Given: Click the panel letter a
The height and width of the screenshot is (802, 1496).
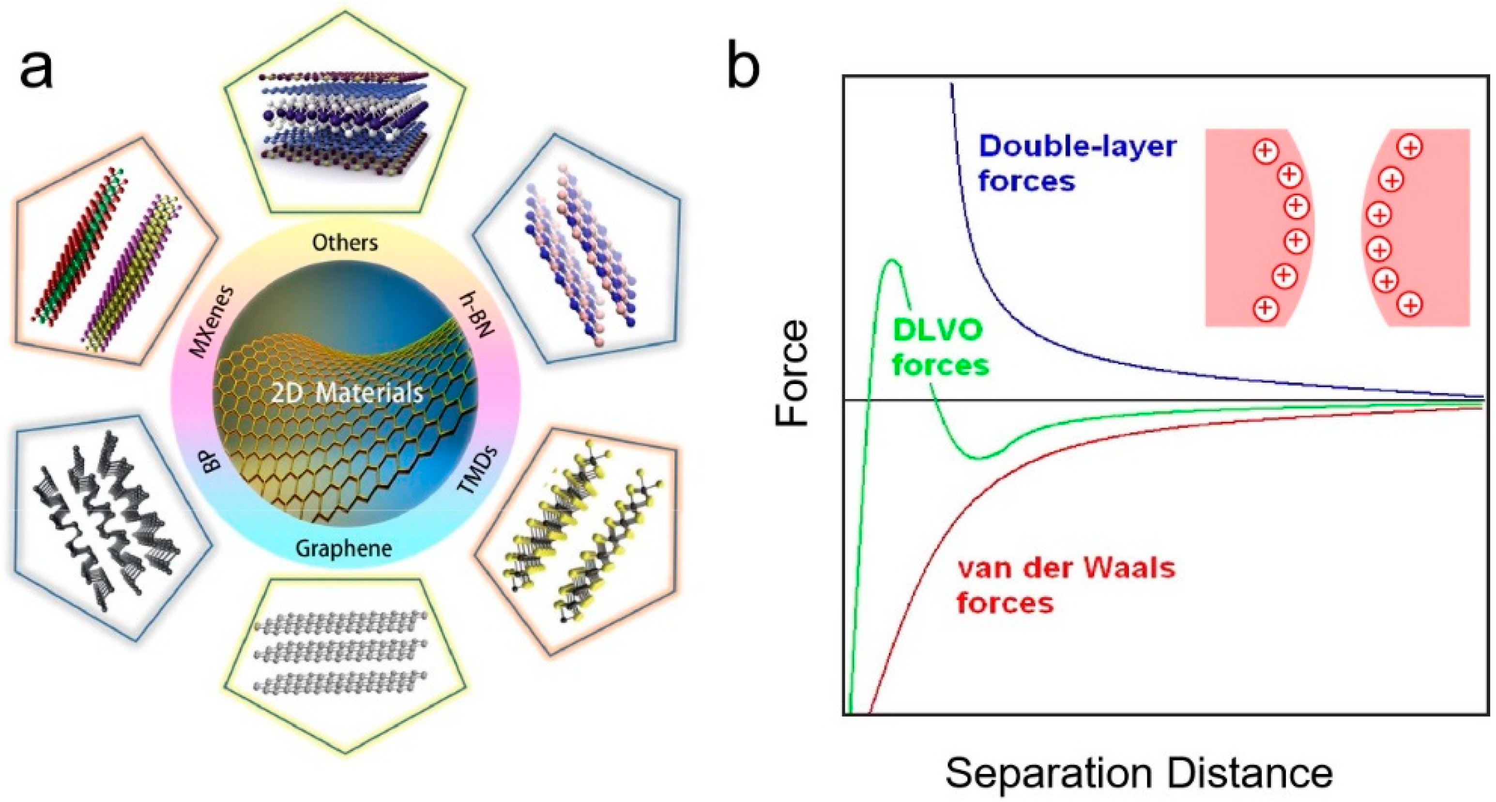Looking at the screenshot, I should coord(36,68).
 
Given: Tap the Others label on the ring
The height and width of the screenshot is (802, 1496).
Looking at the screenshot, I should coord(345,242).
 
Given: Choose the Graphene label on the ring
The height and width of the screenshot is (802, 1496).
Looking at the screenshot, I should coord(344,548).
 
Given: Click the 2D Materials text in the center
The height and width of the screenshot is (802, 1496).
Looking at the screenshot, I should coord(347,393).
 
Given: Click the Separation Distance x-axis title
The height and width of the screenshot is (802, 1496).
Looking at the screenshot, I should coord(1139,773).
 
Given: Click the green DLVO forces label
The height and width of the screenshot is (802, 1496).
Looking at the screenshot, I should coord(940,348).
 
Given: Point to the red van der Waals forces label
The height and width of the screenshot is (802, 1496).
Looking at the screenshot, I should coord(1066,585).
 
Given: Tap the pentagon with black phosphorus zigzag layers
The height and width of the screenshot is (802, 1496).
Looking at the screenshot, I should coord(107,523).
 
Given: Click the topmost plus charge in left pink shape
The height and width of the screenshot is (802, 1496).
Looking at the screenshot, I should coord(1266,151).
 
